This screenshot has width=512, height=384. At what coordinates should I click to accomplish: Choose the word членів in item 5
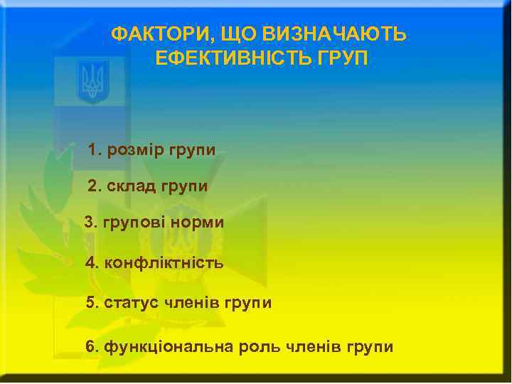pos(191,303)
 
